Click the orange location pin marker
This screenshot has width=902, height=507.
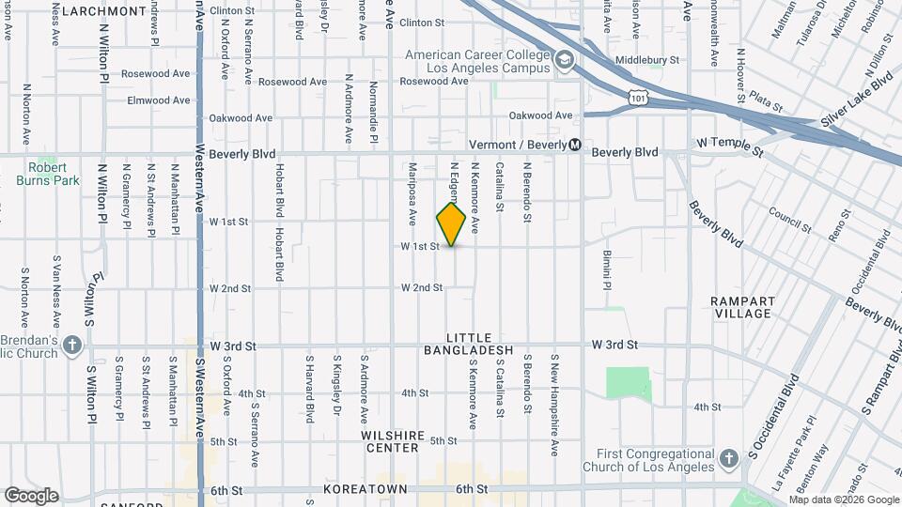452,224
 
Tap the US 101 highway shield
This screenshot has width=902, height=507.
639,97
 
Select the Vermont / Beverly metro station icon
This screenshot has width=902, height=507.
574,146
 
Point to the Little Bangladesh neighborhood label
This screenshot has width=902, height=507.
479,344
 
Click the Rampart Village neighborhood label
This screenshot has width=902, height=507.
742,307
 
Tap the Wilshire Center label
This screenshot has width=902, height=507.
389,442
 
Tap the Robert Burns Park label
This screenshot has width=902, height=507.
53,174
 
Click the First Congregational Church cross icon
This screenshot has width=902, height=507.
727,459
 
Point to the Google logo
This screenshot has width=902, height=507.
30,496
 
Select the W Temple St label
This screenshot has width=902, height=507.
730,143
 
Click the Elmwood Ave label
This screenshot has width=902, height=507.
136,100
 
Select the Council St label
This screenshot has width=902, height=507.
789,220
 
